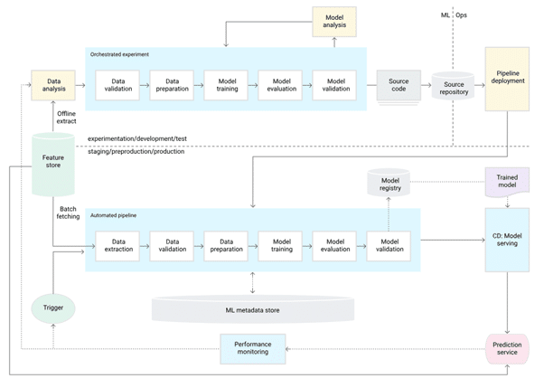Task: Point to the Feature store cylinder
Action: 52,164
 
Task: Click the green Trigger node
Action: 52,308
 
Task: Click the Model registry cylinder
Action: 389,185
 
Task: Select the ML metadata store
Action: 252,309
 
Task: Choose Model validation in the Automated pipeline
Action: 389,246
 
